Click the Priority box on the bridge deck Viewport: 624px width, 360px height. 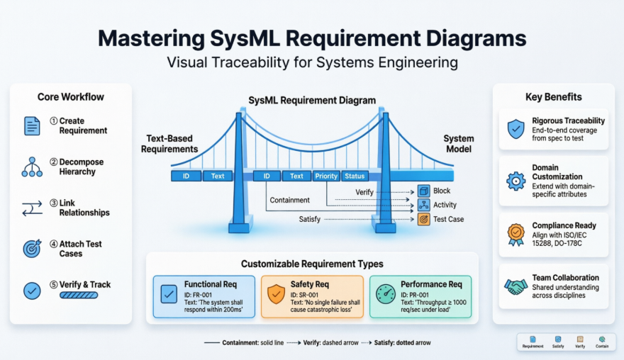pos(326,176)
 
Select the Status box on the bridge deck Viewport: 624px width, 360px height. pos(355,176)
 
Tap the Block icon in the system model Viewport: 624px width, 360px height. pos(423,191)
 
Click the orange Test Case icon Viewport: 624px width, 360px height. pos(423,220)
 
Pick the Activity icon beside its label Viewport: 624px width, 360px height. pos(423,205)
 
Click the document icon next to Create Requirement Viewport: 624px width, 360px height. pos(32,126)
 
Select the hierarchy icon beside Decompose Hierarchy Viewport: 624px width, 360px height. pos(32,167)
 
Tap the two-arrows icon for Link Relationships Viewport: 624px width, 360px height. pos(32,208)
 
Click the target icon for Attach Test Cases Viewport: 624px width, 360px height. pos(32,249)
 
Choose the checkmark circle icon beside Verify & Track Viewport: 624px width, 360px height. pos(32,290)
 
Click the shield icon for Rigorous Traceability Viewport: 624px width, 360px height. pos(516,129)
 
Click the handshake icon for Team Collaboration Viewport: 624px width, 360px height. pos(516,286)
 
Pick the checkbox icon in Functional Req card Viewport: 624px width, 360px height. pos(169,293)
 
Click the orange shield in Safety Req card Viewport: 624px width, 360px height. pos(276,293)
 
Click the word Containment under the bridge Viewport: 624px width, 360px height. pos(290,201)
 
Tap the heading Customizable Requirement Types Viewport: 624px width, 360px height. pos(312,264)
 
